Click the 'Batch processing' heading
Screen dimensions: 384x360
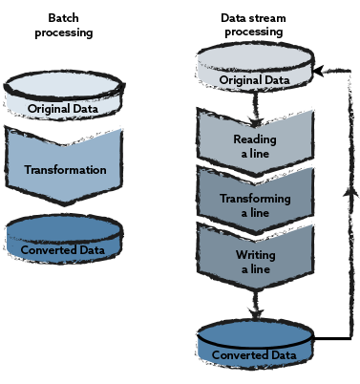[x=62, y=25]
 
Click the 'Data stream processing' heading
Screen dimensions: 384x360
[x=254, y=25]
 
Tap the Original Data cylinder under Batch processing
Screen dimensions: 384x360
[x=62, y=100]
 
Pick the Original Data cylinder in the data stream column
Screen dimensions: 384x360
[x=255, y=71]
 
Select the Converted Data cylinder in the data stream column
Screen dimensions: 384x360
[x=253, y=346]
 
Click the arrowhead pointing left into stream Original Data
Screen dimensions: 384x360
[x=319, y=71]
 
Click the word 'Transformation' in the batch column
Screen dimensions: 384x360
[x=64, y=171]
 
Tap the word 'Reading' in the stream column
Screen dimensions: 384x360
[x=255, y=139]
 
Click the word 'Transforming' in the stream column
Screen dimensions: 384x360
[x=255, y=199]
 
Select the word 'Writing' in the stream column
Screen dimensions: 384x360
[x=255, y=257]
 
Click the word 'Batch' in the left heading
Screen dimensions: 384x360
[x=62, y=18]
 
